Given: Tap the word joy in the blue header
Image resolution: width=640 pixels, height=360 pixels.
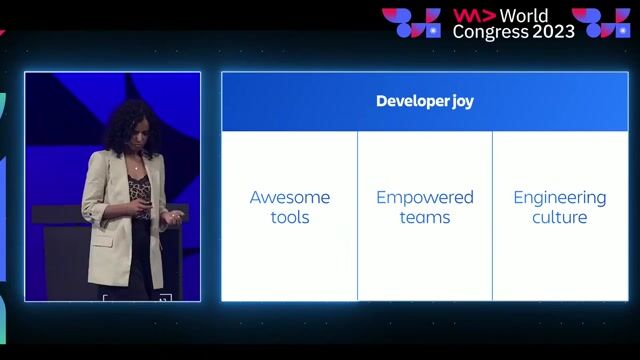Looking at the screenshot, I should [461, 102].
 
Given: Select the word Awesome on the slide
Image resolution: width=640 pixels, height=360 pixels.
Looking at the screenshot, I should [289, 197].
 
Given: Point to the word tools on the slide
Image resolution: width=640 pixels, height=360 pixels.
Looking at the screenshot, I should [289, 217].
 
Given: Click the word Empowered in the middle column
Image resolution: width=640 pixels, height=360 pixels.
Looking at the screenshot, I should [425, 197].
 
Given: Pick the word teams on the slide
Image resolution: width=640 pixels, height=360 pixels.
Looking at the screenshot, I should [425, 217].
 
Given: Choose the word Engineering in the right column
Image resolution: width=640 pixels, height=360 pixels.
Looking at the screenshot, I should [560, 197].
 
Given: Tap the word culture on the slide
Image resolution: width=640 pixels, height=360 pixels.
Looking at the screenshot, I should [560, 217].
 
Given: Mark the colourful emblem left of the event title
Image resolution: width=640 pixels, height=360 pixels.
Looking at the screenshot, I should [411, 23].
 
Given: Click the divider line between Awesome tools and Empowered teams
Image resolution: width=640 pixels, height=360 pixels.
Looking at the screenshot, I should [357, 215].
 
